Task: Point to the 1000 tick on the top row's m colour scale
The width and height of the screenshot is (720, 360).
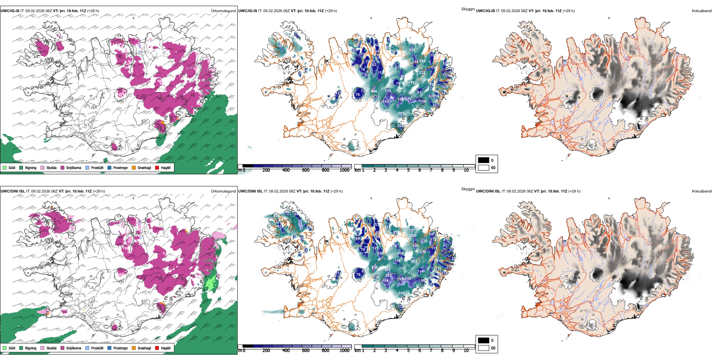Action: [344, 170]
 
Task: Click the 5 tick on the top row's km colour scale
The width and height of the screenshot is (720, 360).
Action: [408, 170]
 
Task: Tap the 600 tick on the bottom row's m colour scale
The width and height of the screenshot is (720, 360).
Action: [305, 351]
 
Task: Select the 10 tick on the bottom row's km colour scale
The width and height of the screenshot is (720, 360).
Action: [466, 351]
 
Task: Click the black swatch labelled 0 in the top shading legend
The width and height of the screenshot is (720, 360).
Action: [484, 160]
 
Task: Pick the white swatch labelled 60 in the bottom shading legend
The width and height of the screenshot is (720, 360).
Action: [484, 348]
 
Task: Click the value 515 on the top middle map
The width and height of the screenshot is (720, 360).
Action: [401, 113]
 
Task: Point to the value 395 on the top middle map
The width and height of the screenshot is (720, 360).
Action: [422, 61]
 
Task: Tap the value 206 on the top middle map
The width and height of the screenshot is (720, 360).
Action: [412, 50]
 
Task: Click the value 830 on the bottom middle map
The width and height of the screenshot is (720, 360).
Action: [374, 268]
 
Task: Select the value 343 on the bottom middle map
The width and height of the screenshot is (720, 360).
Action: [414, 261]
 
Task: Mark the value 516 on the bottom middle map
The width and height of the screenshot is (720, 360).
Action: [401, 293]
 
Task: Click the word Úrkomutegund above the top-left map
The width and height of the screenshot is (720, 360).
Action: [223, 11]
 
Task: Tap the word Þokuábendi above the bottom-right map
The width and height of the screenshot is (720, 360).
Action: [702, 191]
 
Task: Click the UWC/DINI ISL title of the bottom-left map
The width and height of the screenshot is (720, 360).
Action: [13, 191]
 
